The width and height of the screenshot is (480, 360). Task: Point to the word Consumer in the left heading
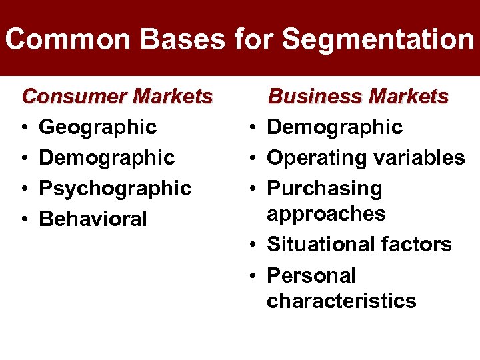(74, 97)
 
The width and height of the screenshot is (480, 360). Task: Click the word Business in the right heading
(315, 97)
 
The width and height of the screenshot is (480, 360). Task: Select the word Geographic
(98, 127)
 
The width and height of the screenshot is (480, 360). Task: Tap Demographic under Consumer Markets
(107, 158)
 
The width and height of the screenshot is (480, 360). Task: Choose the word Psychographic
(115, 189)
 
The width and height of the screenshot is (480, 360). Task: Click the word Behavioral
(93, 219)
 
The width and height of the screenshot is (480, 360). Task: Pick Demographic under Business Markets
(335, 127)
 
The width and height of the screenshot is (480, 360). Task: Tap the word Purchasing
(325, 189)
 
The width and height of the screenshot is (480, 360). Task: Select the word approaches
(326, 214)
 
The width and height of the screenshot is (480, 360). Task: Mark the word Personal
(311, 275)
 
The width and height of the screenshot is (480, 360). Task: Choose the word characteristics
(341, 301)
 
